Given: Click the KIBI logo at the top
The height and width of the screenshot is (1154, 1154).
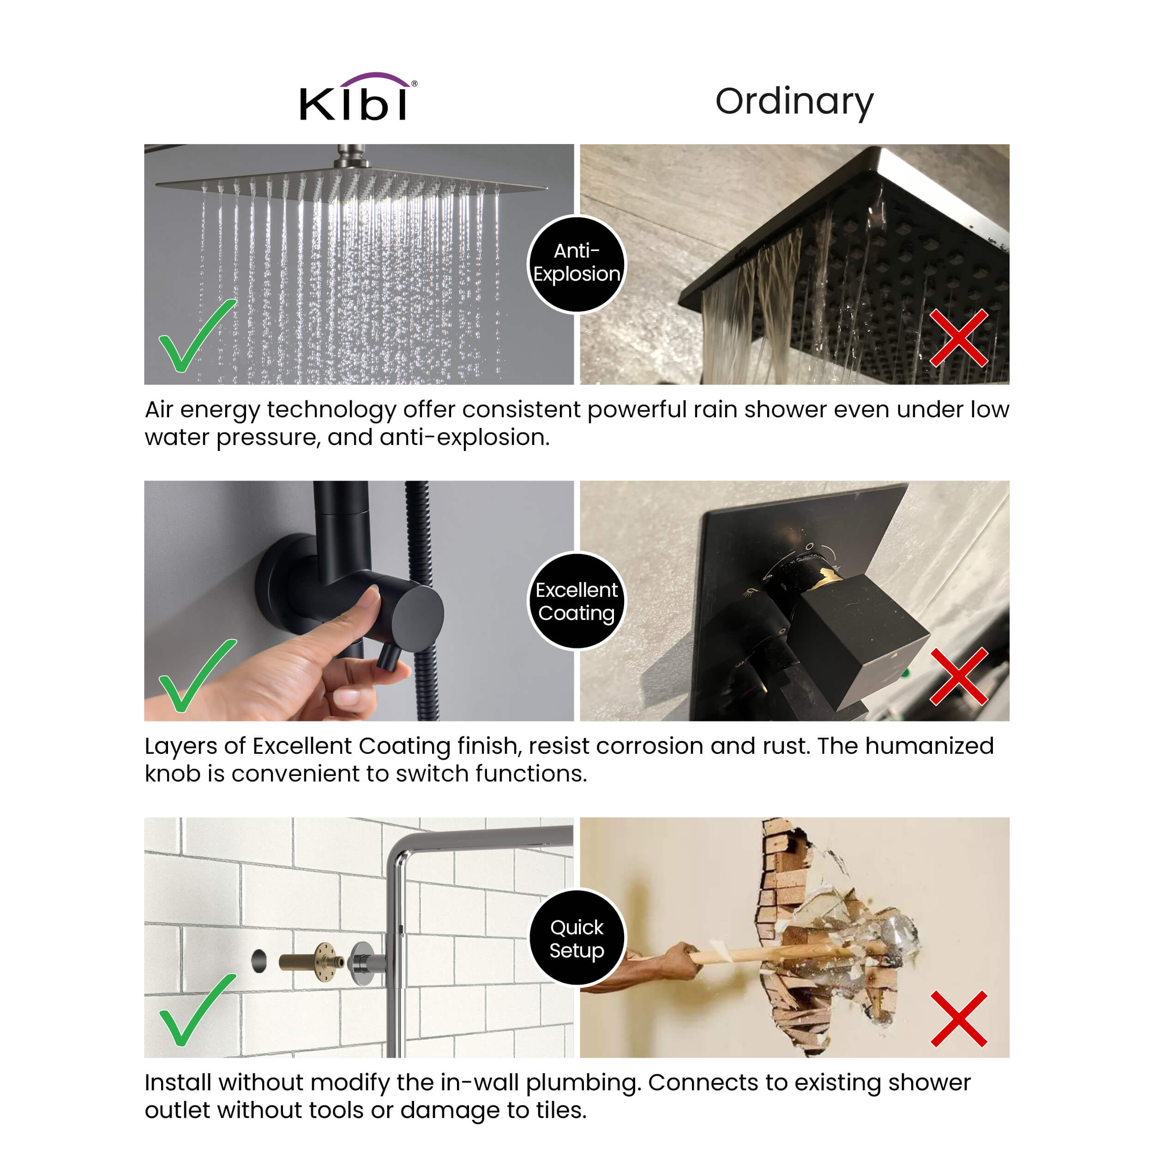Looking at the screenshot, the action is tap(358, 97).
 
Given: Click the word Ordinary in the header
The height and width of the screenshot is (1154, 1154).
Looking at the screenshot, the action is tap(794, 102).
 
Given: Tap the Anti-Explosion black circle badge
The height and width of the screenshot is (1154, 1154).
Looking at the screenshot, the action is tap(577, 264).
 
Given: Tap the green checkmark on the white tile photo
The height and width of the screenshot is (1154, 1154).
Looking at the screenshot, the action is tap(197, 1010).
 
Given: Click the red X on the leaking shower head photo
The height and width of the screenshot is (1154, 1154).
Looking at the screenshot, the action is tap(959, 337).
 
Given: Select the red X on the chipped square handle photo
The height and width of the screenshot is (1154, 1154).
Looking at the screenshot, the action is tap(959, 677).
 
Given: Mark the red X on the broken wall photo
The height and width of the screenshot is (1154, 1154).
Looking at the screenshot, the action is tap(959, 1018).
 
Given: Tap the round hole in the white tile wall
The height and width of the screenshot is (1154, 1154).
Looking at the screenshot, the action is tap(258, 961).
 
